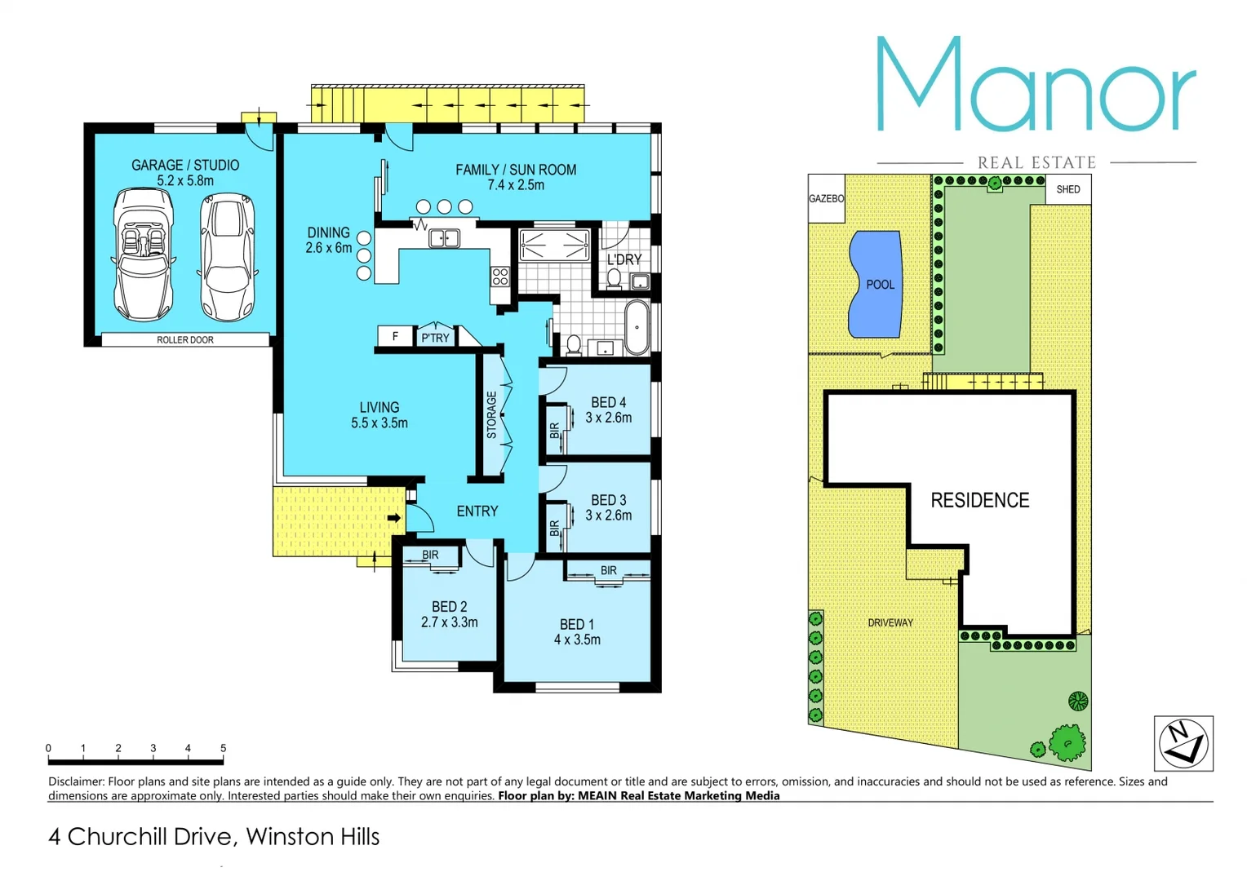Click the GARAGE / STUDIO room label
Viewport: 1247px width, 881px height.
click(x=185, y=166)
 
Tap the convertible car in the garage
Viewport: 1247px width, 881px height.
click(x=143, y=255)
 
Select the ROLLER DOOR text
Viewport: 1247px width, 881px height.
click(x=185, y=340)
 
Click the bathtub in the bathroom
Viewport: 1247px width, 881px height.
click(x=637, y=327)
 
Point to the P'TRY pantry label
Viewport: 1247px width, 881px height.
click(x=435, y=338)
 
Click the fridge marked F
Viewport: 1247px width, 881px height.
click(x=395, y=336)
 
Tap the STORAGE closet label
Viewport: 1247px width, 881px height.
click(x=491, y=414)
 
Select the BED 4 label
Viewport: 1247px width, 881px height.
click(x=608, y=402)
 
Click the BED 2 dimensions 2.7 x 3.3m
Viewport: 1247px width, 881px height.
click(x=449, y=622)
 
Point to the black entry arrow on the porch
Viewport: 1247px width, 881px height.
click(x=394, y=517)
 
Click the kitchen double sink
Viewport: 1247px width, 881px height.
click(x=444, y=238)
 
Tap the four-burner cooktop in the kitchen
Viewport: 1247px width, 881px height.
click(x=500, y=277)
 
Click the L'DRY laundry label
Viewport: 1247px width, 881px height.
click(x=624, y=259)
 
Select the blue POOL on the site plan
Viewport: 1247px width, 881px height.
click(x=875, y=284)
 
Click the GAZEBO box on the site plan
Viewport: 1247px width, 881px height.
click(x=826, y=198)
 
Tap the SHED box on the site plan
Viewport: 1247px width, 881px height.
click(x=1067, y=189)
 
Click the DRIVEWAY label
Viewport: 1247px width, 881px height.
click(x=890, y=622)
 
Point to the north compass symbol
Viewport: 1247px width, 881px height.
click(x=1183, y=742)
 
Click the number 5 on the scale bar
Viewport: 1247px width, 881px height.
click(x=223, y=748)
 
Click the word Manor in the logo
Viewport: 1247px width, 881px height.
click(x=1036, y=86)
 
